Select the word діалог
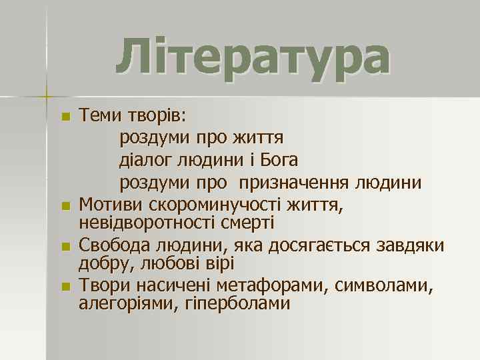pos(143,161)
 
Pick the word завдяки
pos(415,245)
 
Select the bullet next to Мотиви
pos(65,205)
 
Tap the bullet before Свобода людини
pos(65,247)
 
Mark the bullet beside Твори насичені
pos(65,288)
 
